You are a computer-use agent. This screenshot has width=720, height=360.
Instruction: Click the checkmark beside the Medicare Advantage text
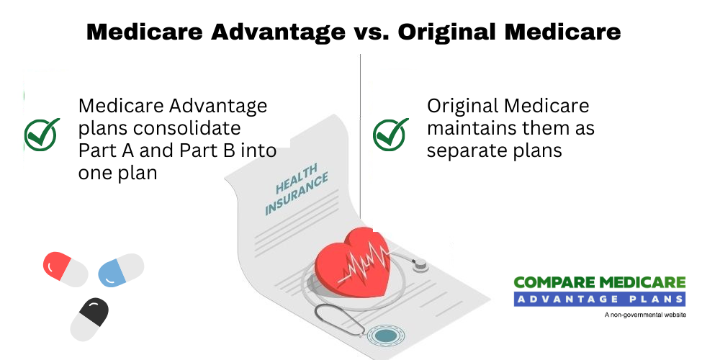(x=42, y=133)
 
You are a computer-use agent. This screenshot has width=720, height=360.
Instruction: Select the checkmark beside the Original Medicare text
(x=390, y=133)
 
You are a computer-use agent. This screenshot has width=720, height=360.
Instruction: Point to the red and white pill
(x=66, y=269)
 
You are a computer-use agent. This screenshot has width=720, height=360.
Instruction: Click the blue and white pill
(x=120, y=269)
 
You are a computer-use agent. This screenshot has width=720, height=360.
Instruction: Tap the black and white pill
(x=89, y=319)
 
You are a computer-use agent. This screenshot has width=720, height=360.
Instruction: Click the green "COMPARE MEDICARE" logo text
(x=600, y=283)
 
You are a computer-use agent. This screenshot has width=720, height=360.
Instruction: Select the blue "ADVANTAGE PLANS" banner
(x=600, y=300)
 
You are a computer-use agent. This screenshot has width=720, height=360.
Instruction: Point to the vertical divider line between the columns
(x=360, y=108)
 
